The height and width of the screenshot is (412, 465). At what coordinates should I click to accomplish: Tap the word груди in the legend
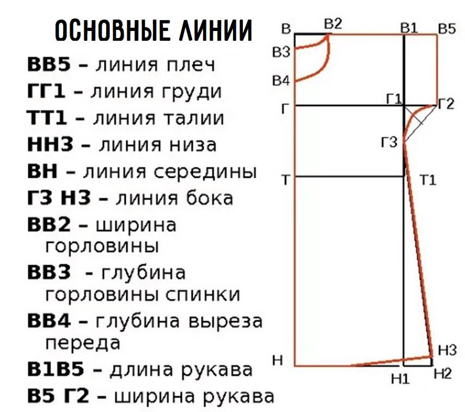(192, 91)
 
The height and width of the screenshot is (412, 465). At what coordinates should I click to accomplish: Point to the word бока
(208, 198)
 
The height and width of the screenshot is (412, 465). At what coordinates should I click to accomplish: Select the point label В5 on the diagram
(446, 28)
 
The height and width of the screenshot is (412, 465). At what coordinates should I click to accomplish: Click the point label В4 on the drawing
(281, 81)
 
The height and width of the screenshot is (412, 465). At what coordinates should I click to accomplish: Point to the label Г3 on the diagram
(389, 143)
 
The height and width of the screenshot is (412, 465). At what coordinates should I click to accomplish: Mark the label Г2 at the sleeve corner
(445, 104)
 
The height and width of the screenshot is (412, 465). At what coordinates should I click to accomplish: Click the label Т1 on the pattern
(428, 180)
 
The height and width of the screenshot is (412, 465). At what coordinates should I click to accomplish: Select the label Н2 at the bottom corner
(443, 374)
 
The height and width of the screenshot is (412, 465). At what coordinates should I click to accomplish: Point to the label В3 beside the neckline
(281, 52)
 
